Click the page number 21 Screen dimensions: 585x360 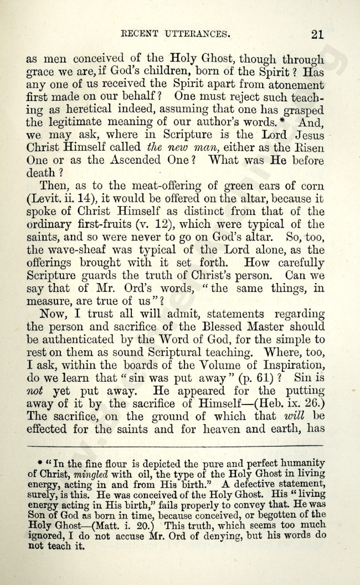[317, 34]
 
